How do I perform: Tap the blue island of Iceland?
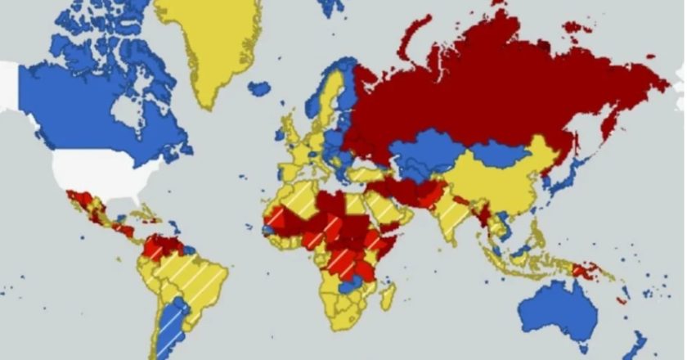(x=259, y=88)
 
